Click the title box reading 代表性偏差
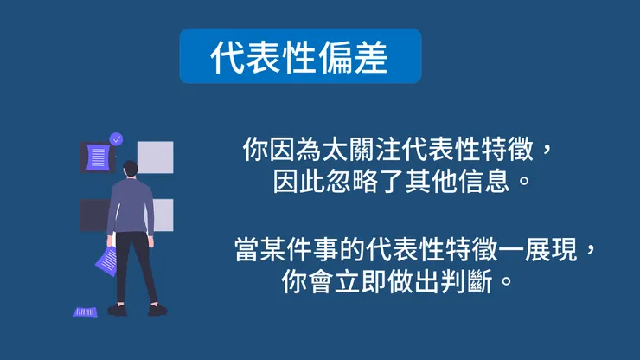pos(300,56)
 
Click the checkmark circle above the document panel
pos(117,138)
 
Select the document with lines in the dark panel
pos(99,157)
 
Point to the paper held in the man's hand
pos(107,257)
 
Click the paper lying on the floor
pos(85,312)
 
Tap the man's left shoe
pos(117,310)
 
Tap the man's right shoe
pos(157,309)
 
